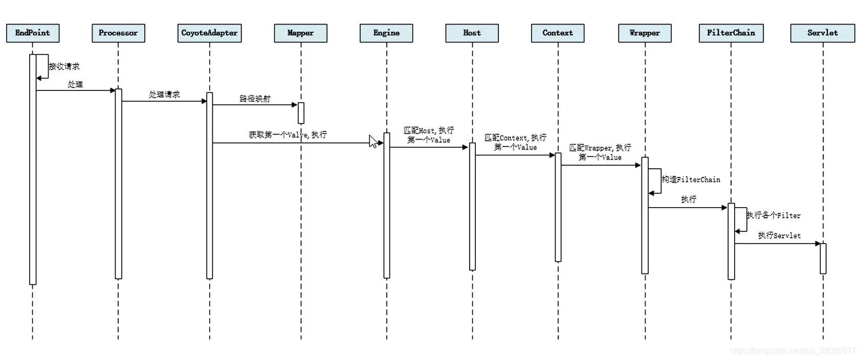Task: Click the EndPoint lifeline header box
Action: pyautogui.click(x=33, y=33)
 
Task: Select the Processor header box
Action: pyautogui.click(x=118, y=33)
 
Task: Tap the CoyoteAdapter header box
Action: pyautogui.click(x=209, y=33)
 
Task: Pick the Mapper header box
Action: pyautogui.click(x=300, y=33)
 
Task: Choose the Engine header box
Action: pyautogui.click(x=386, y=33)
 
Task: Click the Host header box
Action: pyautogui.click(x=472, y=33)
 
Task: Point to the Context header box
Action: pyautogui.click(x=558, y=33)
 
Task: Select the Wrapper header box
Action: pyautogui.click(x=645, y=33)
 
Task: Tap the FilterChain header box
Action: pyautogui.click(x=731, y=33)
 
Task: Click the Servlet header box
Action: pyautogui.click(x=823, y=33)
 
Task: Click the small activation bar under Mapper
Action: pyautogui.click(x=301, y=113)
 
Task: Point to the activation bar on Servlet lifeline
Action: pyautogui.click(x=823, y=258)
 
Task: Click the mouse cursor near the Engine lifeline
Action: pyautogui.click(x=373, y=142)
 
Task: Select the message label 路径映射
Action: pyautogui.click(x=255, y=99)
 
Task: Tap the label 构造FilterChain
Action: pyautogui.click(x=691, y=179)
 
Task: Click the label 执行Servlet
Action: pyautogui.click(x=779, y=236)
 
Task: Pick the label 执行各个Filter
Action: pyautogui.click(x=774, y=215)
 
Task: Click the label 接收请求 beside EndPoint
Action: pyautogui.click(x=64, y=66)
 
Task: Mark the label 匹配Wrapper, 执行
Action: pyautogui.click(x=600, y=148)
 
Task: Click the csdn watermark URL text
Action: pyautogui.click(x=792, y=351)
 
